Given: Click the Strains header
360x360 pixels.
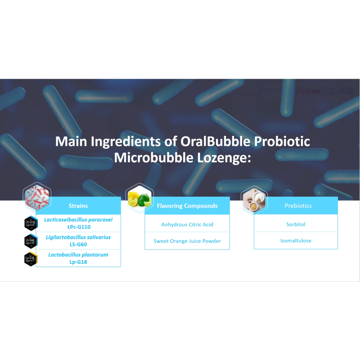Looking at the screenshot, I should [78, 206].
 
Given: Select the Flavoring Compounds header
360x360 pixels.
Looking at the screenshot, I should [187, 206].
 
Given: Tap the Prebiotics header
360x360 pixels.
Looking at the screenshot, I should [298, 206].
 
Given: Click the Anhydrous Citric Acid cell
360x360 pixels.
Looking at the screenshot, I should [187, 224].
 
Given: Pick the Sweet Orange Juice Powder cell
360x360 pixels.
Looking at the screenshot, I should [187, 241].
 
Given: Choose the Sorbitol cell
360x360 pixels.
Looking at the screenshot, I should [296, 224].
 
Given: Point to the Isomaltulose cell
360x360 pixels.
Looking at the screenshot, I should [296, 241].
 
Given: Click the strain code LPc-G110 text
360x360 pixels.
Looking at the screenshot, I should [79, 227].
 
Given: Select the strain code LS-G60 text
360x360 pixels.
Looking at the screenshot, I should [79, 244].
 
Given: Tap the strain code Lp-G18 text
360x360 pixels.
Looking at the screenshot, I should [79, 262].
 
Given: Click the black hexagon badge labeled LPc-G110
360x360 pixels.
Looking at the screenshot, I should [30, 223].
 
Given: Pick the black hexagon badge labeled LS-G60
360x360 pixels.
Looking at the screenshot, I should [30, 241].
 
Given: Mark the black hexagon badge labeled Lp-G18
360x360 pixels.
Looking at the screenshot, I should [30, 259].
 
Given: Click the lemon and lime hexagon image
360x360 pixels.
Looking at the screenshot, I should [139, 197].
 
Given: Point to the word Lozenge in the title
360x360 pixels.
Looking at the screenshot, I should [219, 157].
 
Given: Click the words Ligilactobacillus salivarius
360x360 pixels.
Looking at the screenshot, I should [78, 237].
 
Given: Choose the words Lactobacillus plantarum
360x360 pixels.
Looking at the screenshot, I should [78, 255].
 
